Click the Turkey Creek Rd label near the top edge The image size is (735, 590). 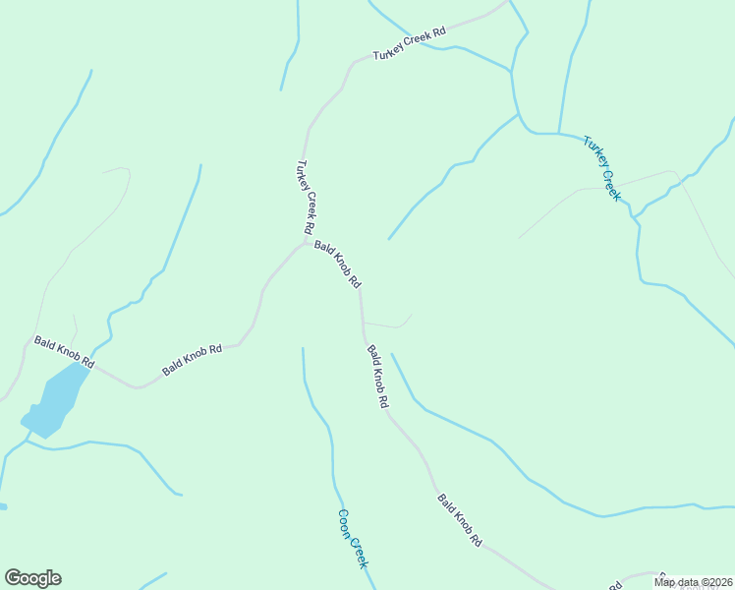(409, 44)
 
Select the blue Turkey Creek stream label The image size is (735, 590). (602, 168)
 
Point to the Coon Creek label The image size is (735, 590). (352, 538)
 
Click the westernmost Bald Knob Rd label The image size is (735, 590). (64, 353)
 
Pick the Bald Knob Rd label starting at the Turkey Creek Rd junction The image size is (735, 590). (338, 265)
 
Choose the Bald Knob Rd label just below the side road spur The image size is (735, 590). (378, 376)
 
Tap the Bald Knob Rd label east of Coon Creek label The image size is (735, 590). (460, 520)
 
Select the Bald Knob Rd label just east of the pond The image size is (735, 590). (193, 360)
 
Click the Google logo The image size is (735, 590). (32, 578)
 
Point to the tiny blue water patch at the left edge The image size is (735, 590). (3, 506)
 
